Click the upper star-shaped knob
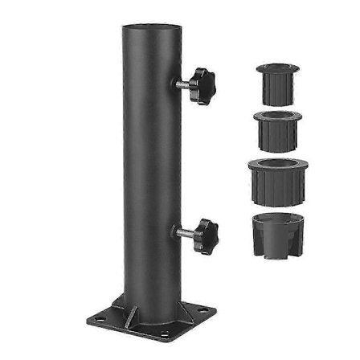202,83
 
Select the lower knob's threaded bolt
183,233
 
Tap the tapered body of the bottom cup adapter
275,241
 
